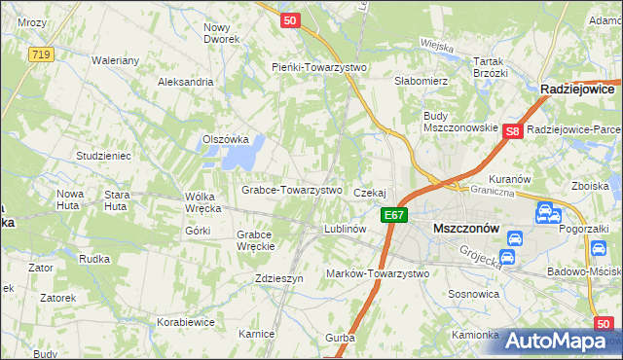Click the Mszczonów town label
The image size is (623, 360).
465,228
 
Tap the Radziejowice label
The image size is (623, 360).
580,89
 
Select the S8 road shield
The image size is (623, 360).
514,130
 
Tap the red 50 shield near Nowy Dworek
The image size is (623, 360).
288,18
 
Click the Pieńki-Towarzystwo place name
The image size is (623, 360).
317,66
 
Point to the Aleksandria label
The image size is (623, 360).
185,82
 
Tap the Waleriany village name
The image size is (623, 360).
117,60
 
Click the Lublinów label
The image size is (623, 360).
345,230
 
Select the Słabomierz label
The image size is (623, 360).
420,81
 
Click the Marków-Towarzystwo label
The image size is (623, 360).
378,273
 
